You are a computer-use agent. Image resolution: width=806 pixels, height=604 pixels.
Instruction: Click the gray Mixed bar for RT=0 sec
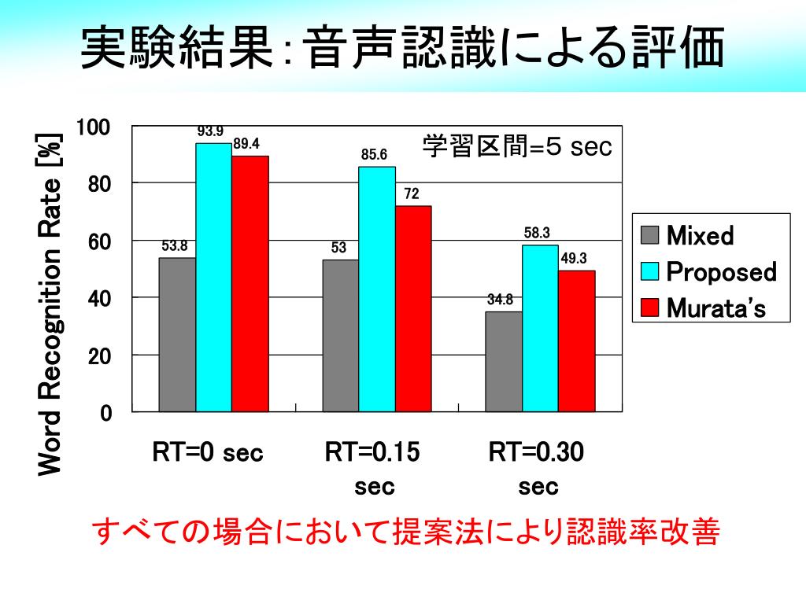click(177, 334)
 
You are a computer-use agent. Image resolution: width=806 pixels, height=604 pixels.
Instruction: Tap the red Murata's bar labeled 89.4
click(250, 283)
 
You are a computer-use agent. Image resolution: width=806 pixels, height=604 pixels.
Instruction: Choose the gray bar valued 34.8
click(503, 361)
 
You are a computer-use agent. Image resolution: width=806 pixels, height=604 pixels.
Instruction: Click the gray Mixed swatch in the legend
click(649, 235)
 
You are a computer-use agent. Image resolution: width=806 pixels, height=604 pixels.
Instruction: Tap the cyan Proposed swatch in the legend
click(649, 271)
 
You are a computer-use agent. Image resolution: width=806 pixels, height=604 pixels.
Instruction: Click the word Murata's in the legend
click(715, 308)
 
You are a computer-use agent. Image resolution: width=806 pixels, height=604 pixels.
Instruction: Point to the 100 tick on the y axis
click(94, 127)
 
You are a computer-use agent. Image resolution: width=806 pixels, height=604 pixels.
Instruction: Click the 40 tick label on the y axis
click(99, 299)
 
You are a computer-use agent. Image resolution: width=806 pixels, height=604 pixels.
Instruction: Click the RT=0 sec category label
click(208, 453)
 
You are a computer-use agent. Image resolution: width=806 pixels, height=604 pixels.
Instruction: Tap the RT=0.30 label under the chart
click(538, 453)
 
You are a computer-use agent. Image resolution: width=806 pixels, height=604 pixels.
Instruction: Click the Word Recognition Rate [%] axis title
click(50, 303)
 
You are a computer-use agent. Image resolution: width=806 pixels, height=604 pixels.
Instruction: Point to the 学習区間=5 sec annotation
click(517, 147)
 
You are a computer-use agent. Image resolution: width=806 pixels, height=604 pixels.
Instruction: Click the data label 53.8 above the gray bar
click(175, 246)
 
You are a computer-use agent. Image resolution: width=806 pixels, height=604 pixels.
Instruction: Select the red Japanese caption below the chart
click(407, 532)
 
